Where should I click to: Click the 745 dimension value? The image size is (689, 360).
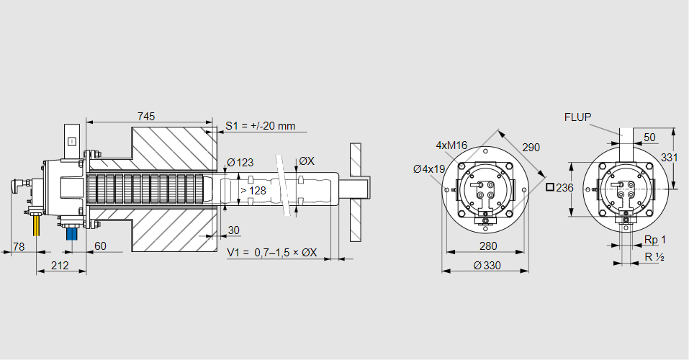pos(146,116)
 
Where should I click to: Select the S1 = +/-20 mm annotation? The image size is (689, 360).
pos(260,126)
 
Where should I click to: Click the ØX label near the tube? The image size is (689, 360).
pos(306,161)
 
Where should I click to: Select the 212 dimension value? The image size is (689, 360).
pos(60,266)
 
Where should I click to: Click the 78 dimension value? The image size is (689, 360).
pos(19,246)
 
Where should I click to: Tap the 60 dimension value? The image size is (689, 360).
pos(100,246)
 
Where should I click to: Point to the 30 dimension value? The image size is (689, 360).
pos(233,230)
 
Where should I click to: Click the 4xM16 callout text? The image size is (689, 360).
pos(451,145)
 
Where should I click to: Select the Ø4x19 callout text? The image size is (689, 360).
pos(430,169)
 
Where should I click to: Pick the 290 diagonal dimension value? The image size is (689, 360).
pos(531,148)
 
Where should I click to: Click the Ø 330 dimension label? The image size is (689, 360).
pos(488,266)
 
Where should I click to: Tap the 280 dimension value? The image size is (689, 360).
pos(488,246)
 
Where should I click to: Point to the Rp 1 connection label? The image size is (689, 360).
pos(654,240)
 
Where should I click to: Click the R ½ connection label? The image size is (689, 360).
pos(654,257)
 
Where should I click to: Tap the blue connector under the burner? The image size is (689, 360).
pos(71,234)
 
